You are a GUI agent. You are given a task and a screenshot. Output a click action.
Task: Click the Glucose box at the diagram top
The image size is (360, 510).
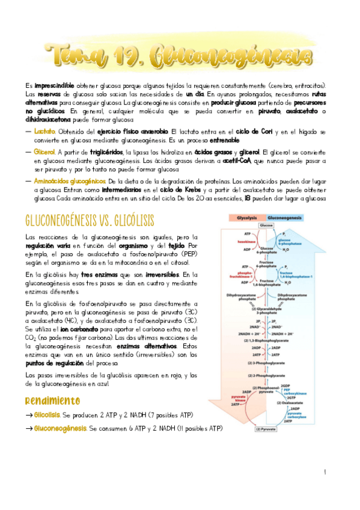tap(266, 224)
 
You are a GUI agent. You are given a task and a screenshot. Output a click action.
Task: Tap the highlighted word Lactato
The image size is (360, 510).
tap(44, 131)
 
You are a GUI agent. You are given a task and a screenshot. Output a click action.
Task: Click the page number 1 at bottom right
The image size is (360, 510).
tap(325, 473)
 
